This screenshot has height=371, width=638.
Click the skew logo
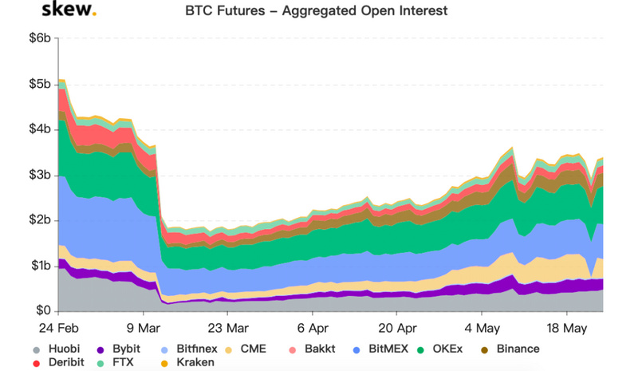(68, 12)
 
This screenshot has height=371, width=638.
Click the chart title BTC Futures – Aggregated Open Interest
(317, 12)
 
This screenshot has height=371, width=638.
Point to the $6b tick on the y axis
(41, 38)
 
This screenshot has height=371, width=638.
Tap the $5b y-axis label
(41, 84)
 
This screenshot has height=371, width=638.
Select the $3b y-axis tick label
(41, 175)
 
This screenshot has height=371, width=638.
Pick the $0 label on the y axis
(44, 310)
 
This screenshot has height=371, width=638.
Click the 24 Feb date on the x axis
(59, 328)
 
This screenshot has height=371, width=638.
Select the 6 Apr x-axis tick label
(313, 328)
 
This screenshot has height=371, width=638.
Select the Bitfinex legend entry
(187, 349)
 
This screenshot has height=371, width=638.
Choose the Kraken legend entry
(187, 362)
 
